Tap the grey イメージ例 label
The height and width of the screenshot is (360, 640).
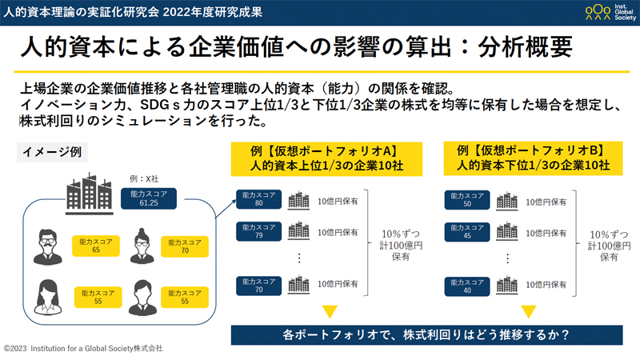click(x=51, y=152)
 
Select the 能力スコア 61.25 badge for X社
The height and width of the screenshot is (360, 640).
click(x=148, y=198)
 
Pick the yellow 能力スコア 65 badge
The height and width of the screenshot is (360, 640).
click(x=96, y=246)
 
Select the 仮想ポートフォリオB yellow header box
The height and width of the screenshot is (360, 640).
click(x=533, y=158)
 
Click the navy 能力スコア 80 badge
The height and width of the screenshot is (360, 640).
click(x=259, y=199)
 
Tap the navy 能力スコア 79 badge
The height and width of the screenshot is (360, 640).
click(x=259, y=232)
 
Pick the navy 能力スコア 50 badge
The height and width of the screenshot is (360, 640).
click(x=467, y=199)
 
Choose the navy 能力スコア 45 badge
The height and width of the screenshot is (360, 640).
click(x=467, y=232)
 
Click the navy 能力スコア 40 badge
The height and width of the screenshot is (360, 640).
click(x=467, y=286)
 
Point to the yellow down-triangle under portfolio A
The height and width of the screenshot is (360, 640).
click(x=329, y=311)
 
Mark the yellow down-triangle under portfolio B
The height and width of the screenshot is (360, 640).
click(x=530, y=311)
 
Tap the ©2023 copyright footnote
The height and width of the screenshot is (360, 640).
click(x=83, y=349)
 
